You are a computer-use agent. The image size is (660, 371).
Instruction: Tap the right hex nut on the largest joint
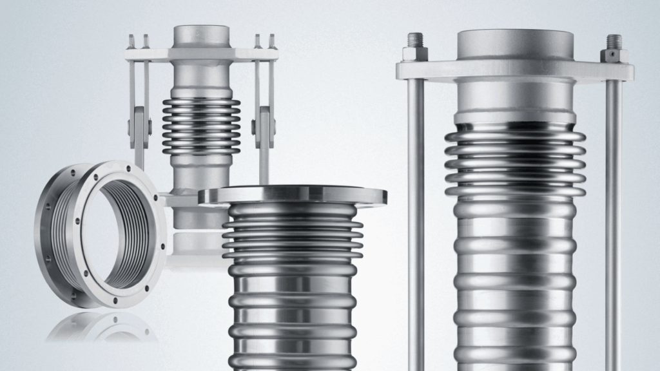point(614,51)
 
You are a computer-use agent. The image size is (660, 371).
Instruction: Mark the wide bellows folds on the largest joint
point(515,161)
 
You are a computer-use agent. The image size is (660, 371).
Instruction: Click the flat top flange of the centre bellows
point(293,195)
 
